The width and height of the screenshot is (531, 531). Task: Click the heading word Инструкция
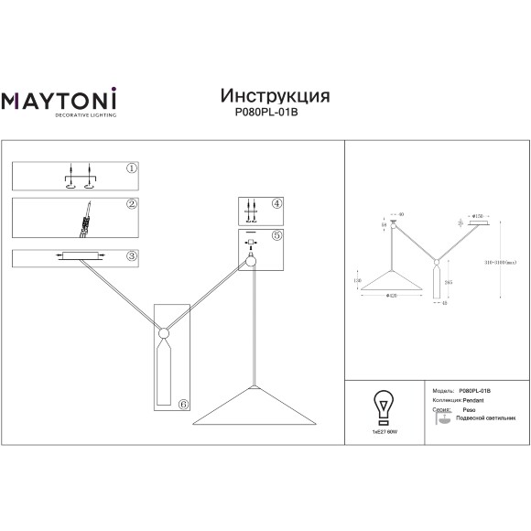(275, 95)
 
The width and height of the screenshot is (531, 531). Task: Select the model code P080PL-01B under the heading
(275, 114)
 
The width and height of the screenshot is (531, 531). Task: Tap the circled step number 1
(132, 169)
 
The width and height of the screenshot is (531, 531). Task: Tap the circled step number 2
(132, 204)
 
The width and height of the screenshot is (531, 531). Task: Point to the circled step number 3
(132, 255)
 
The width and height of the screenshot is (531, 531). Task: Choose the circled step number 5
(277, 236)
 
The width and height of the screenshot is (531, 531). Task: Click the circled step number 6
(183, 403)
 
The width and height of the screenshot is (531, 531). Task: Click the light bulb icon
(378, 403)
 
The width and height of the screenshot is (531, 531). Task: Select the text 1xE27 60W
(378, 429)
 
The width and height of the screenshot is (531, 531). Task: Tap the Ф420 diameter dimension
(391, 297)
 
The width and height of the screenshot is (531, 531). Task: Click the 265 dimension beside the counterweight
(448, 282)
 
